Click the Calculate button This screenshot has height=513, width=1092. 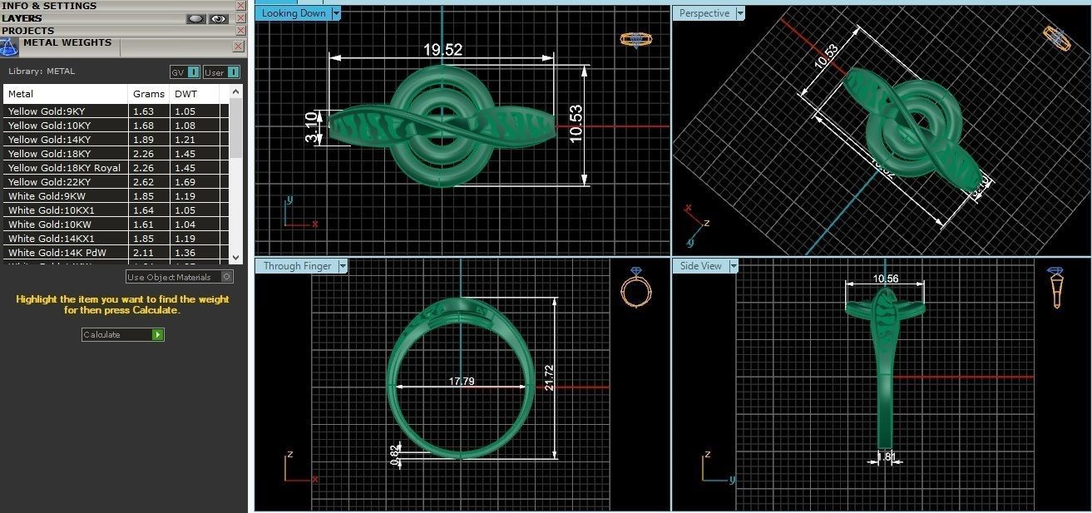click(122, 334)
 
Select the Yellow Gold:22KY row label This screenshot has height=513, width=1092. click(47, 181)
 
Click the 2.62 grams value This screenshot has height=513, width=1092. click(143, 181)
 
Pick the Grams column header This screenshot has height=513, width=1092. click(142, 94)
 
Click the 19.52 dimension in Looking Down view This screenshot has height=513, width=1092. click(442, 50)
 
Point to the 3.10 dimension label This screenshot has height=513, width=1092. click(311, 127)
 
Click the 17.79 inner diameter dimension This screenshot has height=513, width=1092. click(462, 382)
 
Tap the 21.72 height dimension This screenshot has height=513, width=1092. click(549, 378)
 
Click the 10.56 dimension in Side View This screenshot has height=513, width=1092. click(885, 279)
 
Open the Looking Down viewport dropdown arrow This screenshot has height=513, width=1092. click(336, 13)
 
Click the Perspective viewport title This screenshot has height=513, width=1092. click(704, 13)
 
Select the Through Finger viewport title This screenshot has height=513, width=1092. click(297, 266)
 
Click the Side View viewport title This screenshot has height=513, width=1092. click(700, 266)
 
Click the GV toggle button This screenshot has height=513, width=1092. click(185, 72)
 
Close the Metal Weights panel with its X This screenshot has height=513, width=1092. click(239, 47)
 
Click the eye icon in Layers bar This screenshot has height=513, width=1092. click(219, 18)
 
